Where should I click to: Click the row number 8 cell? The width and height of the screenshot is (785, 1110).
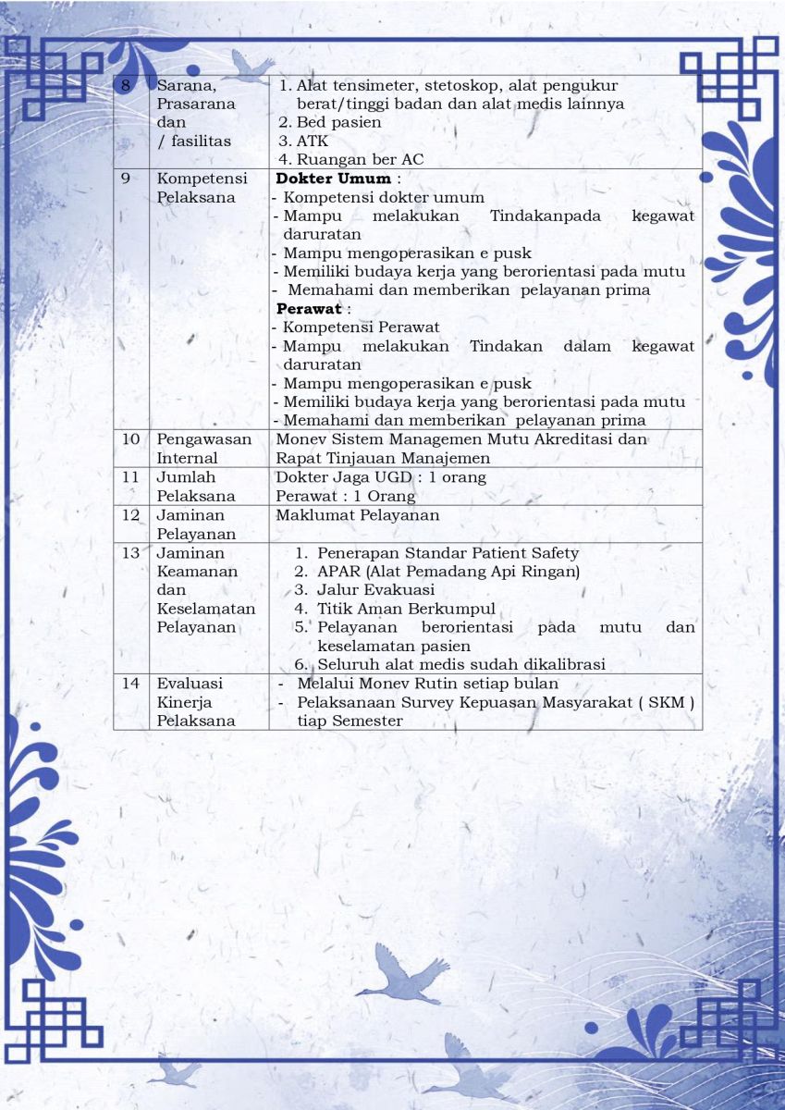click(x=128, y=85)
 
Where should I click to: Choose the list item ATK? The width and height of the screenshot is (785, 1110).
click(x=312, y=142)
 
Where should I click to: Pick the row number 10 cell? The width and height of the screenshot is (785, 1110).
click(x=130, y=439)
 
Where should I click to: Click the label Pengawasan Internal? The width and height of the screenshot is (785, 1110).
click(x=203, y=449)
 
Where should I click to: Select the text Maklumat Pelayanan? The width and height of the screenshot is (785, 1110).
click(x=357, y=514)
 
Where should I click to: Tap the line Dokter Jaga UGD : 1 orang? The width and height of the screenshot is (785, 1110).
click(x=381, y=477)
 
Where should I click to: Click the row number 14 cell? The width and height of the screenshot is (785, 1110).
click(x=130, y=683)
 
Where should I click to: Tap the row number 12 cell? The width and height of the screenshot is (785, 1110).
click(x=130, y=514)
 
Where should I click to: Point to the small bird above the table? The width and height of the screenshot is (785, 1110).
click(x=250, y=65)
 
